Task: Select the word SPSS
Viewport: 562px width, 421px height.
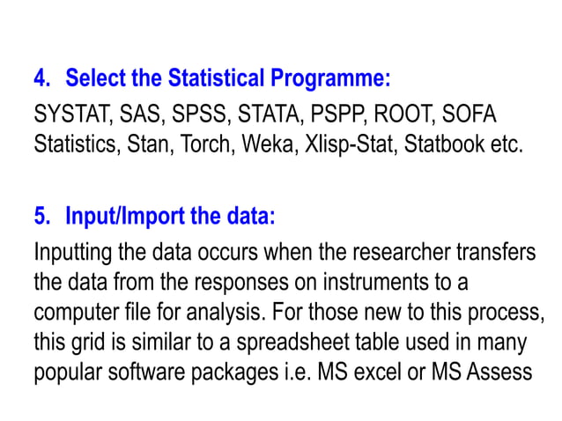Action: (x=194, y=116)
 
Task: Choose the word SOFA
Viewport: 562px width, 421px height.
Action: (x=469, y=116)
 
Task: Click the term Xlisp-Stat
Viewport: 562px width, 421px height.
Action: (x=345, y=144)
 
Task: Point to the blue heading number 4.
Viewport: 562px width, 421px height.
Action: (x=41, y=79)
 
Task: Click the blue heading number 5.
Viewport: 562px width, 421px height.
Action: (x=41, y=216)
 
